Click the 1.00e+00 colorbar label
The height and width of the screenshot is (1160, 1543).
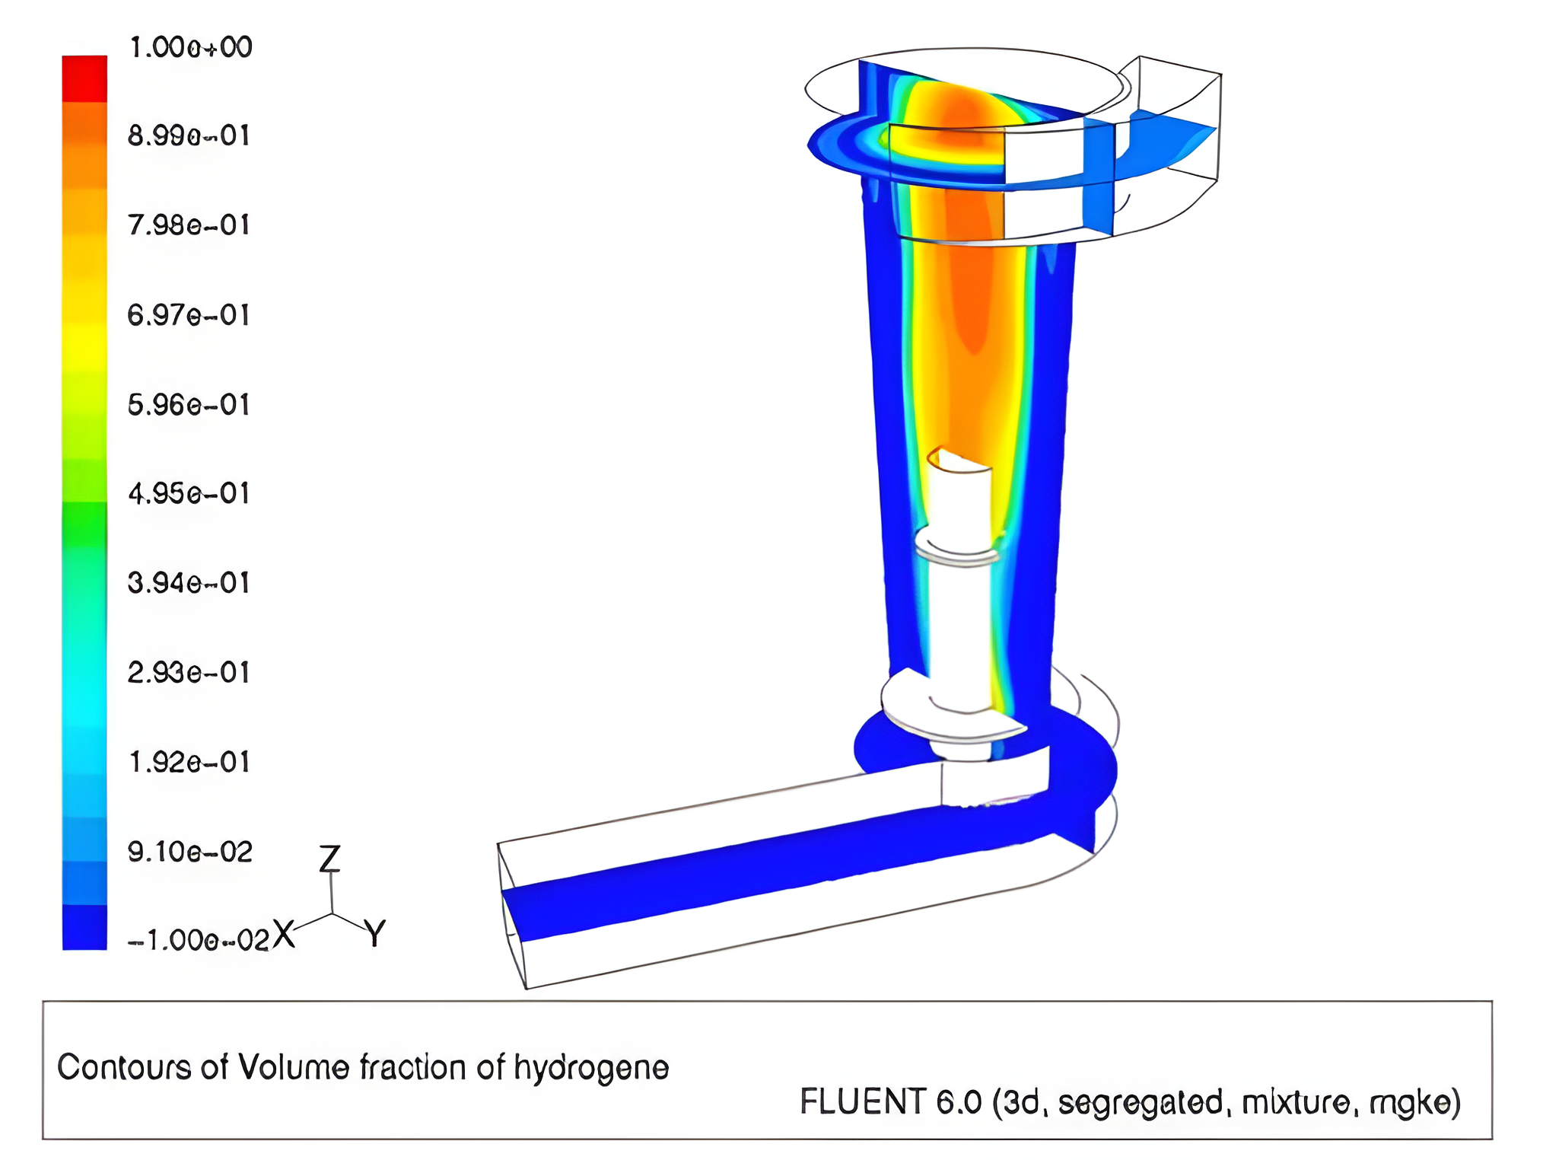pyautogui.click(x=190, y=47)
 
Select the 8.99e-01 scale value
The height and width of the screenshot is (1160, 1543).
pyautogui.click(x=189, y=135)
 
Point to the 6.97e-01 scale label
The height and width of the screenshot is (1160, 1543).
pyautogui.click(x=189, y=315)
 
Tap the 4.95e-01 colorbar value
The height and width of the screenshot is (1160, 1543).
pyautogui.click(x=189, y=494)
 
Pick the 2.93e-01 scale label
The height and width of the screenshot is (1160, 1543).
pyautogui.click(x=189, y=673)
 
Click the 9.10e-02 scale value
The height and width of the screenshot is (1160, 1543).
pyautogui.click(x=190, y=852)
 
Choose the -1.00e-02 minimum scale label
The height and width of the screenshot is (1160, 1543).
pyautogui.click(x=199, y=941)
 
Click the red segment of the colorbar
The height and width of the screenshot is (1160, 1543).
pyautogui.click(x=84, y=78)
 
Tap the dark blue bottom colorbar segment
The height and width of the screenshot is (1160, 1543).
pyautogui.click(x=84, y=927)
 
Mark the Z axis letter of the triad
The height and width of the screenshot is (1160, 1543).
pyautogui.click(x=329, y=859)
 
